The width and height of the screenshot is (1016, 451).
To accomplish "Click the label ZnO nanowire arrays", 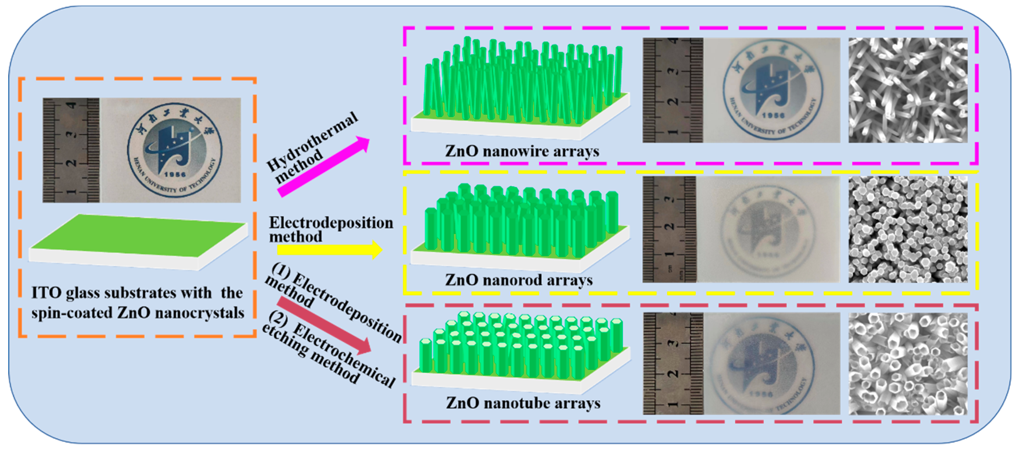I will point(522,151).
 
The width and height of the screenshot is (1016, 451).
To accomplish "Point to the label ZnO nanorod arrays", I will point(519,280).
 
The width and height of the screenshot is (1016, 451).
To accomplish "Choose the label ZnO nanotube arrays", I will point(523,403).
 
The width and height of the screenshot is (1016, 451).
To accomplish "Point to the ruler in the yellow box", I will point(669,229).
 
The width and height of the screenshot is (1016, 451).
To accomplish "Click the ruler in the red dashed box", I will point(673,363).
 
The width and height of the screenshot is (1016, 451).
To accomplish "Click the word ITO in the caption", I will point(46,293).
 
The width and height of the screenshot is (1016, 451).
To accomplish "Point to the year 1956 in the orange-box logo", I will point(175,174).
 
